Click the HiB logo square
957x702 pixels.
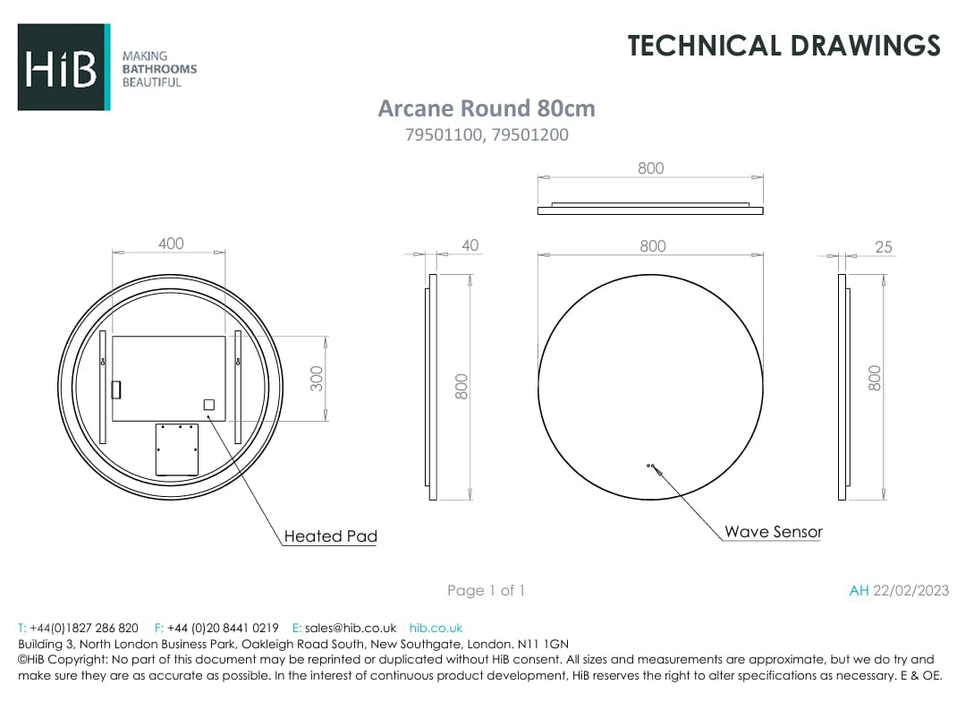coord(64,67)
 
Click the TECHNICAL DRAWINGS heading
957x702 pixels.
coord(783,45)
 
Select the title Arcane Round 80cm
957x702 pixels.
coord(486,108)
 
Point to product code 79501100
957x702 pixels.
coord(445,135)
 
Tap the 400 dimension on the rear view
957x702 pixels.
coord(170,244)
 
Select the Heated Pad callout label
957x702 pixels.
coord(330,536)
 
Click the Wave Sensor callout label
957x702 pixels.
coord(773,532)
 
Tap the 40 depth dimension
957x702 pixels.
coord(470,245)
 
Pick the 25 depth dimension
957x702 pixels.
coord(883,247)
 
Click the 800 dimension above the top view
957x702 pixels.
coord(650,168)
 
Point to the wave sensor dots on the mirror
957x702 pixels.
coord(650,466)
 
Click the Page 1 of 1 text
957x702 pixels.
coord(486,590)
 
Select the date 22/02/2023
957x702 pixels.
coord(910,590)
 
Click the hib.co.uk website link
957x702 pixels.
coord(436,628)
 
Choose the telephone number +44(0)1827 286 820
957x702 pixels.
coord(84,628)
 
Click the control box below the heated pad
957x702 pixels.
coord(176,449)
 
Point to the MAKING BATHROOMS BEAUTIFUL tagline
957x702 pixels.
coord(158,69)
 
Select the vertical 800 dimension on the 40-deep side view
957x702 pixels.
coord(462,386)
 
